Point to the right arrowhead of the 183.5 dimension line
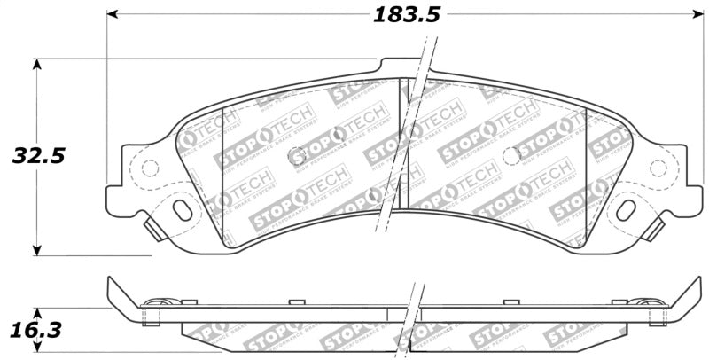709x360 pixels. [x=697, y=15]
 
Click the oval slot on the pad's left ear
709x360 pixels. [x=183, y=210]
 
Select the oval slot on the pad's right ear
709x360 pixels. [x=626, y=210]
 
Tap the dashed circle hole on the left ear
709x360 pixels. [x=150, y=167]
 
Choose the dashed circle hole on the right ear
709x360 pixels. [x=658, y=167]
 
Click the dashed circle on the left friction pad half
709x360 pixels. [x=298, y=156]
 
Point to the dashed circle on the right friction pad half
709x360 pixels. [x=510, y=156]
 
